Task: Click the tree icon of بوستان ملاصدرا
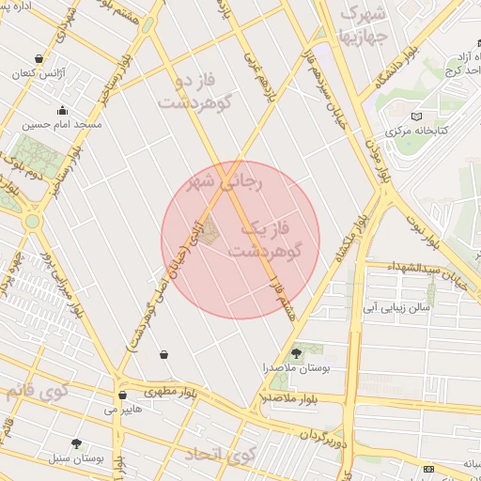coord(297,353)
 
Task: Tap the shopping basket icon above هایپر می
coord(122,396)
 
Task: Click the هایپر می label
coord(122,410)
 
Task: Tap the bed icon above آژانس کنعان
coord(37,58)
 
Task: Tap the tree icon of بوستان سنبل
coord(76,442)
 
